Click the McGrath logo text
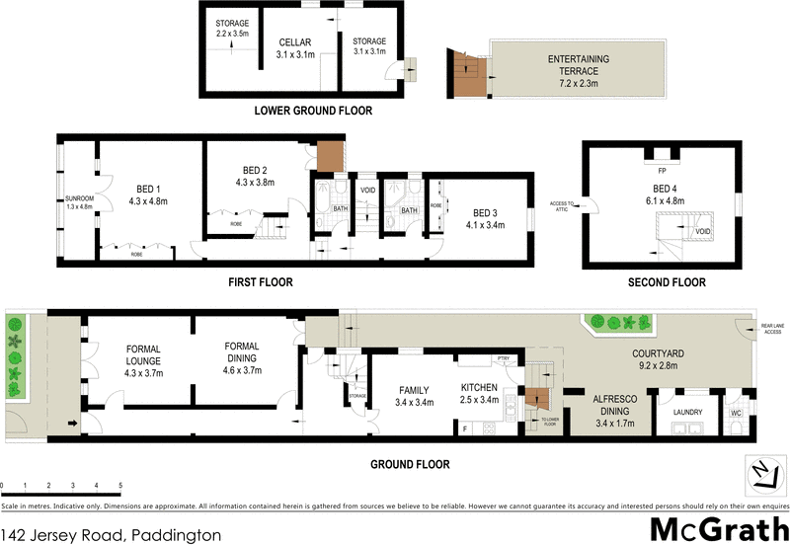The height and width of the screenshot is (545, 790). tap(718, 529)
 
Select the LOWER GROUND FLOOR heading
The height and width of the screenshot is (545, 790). tap(313, 111)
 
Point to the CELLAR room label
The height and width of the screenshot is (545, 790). tap(294, 42)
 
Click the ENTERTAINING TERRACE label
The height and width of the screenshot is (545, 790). tap(579, 60)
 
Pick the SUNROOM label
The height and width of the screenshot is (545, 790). tap(78, 199)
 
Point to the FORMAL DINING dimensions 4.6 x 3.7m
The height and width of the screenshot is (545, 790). tap(242, 371)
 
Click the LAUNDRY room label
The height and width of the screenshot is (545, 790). tap(686, 412)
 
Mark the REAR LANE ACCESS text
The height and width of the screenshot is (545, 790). tap(771, 329)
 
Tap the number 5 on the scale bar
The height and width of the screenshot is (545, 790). tap(120, 486)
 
